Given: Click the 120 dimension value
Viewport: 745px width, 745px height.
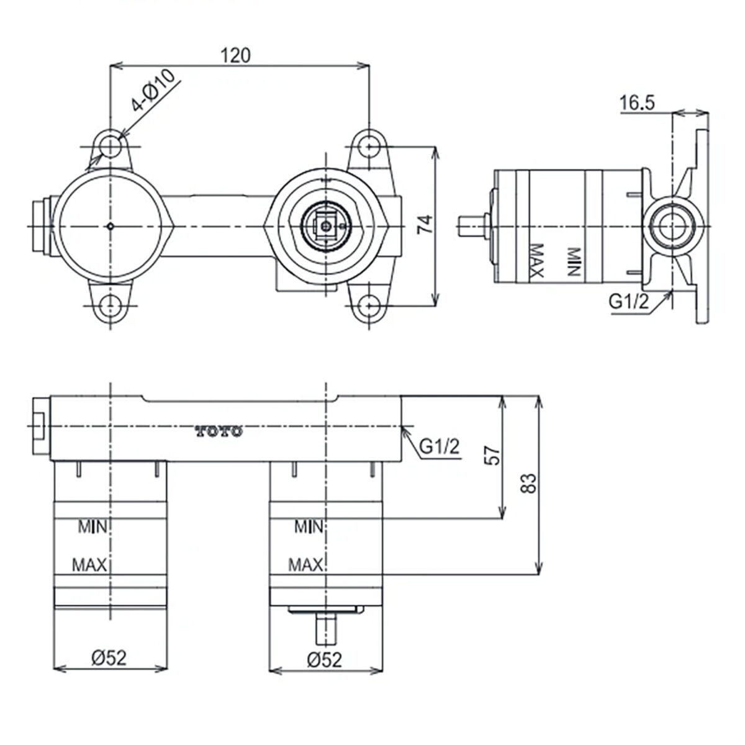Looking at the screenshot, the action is tap(235, 55).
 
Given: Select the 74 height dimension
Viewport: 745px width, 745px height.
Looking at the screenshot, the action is tap(425, 224).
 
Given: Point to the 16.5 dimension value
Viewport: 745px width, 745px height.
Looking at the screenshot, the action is tap(637, 103).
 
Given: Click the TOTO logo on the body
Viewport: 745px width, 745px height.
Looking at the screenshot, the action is tap(219, 431).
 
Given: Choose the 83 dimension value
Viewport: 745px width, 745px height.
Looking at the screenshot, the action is tap(528, 483).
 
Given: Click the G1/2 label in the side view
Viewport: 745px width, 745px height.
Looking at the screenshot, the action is tap(629, 302).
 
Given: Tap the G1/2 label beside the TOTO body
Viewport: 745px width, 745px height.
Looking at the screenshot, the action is tap(440, 447).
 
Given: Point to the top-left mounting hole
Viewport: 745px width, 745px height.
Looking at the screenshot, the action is tap(111, 147).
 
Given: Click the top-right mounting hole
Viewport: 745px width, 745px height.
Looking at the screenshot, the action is tap(369, 147).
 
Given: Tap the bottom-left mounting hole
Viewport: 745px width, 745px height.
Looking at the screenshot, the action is tap(111, 306).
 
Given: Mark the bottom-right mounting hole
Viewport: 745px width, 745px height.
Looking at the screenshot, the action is tap(369, 306).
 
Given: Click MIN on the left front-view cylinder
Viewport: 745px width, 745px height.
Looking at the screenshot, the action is tap(93, 526).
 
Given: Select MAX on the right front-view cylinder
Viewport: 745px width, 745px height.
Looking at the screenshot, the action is tap(305, 565).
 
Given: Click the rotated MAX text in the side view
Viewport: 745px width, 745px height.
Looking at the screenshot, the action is tap(536, 261).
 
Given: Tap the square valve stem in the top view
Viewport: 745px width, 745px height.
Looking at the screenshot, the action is tap(327, 227).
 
